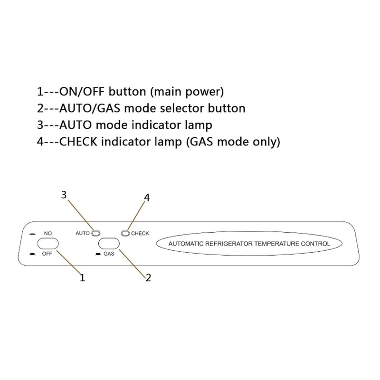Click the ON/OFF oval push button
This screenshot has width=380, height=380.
point(48,243)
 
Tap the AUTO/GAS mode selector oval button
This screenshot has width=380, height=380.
point(109,243)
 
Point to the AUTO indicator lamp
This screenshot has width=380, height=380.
point(95,233)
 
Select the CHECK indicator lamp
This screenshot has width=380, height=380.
point(125,233)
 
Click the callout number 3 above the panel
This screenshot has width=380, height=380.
point(64,195)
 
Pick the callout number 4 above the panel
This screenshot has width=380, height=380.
point(147,198)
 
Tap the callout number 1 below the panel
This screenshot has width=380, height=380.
point(82,277)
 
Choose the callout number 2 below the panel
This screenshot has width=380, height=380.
point(148,277)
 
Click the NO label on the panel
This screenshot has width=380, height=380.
point(48,233)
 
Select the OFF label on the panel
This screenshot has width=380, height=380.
point(47,254)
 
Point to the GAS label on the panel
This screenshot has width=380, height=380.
point(109,254)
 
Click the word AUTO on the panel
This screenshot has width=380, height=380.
point(82,233)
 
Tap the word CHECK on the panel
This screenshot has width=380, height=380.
point(140,233)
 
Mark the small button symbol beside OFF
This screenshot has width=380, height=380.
point(32,254)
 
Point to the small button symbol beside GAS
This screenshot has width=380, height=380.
point(98,254)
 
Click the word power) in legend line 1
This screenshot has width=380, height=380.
point(204,92)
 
